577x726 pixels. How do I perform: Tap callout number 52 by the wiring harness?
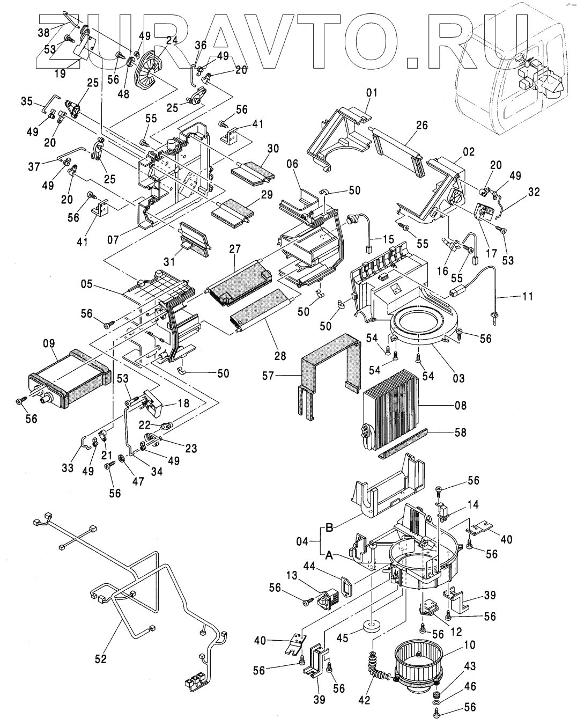101,658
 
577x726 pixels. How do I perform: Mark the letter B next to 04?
330,528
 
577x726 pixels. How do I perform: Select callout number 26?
422,126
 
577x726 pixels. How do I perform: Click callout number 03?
458,378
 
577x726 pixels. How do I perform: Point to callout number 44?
339,566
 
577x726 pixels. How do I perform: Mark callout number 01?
372,92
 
